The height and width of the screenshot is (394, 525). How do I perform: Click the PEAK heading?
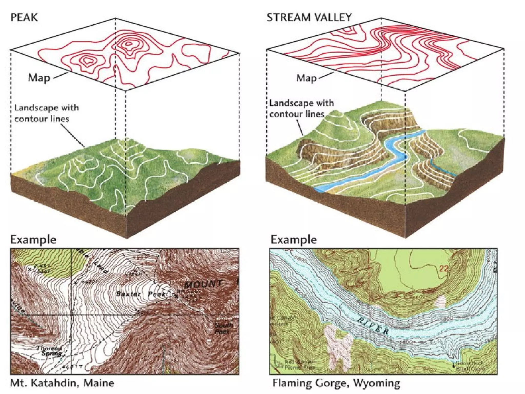24,17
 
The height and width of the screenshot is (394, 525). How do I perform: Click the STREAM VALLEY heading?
309,17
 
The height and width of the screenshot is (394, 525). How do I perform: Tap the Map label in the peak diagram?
39,77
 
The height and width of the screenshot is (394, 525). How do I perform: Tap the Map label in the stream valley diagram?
306,77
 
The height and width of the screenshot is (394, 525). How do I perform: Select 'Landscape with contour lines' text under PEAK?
46,113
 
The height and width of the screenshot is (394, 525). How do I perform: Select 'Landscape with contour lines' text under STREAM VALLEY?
301,108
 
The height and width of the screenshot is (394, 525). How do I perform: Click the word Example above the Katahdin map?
33,240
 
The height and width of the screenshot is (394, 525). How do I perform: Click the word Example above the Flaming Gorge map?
294,240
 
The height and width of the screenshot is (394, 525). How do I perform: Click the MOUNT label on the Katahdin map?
203,284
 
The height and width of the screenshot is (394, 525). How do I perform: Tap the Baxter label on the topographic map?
128,294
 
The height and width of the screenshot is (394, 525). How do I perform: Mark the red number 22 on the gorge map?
444,269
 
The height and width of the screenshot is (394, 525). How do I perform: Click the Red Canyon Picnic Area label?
300,364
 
